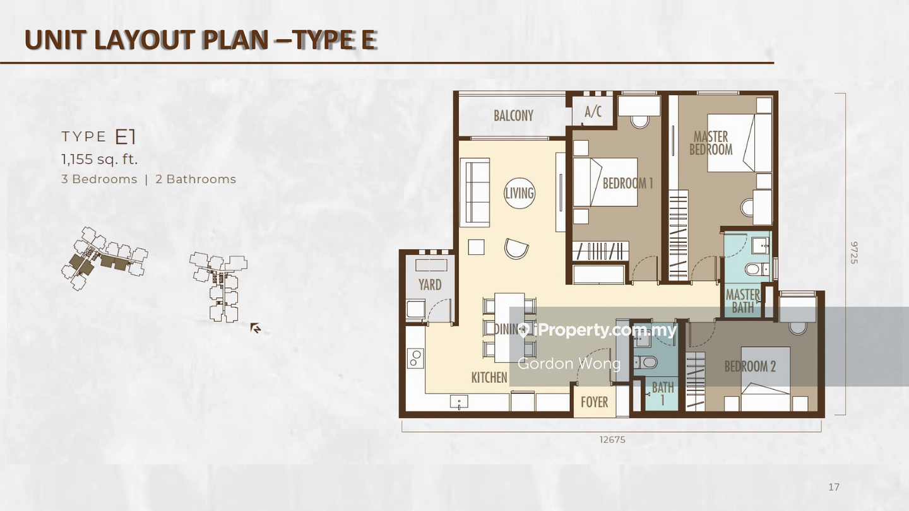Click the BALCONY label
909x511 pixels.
513,116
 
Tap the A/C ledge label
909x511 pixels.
593,112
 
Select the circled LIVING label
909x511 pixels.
520,193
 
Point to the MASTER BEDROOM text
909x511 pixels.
711,143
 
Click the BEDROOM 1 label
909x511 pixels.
627,184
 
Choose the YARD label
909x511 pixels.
430,285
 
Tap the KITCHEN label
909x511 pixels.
489,377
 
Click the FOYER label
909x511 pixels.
595,402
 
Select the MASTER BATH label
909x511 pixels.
743,301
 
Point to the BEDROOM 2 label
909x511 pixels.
750,367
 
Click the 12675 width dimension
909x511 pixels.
612,440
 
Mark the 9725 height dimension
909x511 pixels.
854,252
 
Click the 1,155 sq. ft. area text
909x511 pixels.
100,160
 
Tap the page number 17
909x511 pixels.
834,486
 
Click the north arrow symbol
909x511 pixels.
256,328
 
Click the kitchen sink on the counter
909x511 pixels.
459,402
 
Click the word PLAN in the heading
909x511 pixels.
235,40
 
